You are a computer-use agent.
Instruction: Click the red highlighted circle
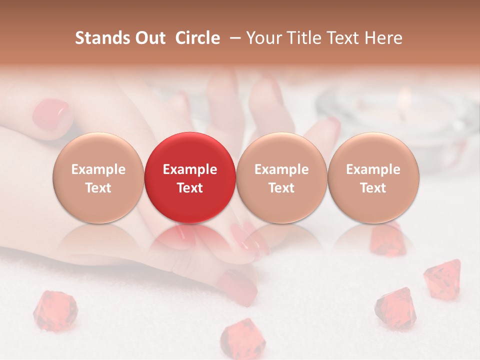[x=189, y=177]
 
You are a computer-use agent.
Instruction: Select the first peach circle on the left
[x=98, y=177]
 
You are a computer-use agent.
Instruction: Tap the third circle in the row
[x=281, y=177]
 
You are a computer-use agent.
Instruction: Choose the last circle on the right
[x=373, y=177]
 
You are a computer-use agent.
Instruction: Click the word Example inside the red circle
[x=189, y=169]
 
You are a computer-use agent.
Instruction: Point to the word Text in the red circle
[x=189, y=188]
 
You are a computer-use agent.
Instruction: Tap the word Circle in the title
[x=197, y=38]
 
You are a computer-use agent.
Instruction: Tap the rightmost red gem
[x=443, y=278]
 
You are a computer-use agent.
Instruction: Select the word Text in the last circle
[x=373, y=188]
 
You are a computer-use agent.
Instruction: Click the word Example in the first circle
[x=98, y=169]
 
